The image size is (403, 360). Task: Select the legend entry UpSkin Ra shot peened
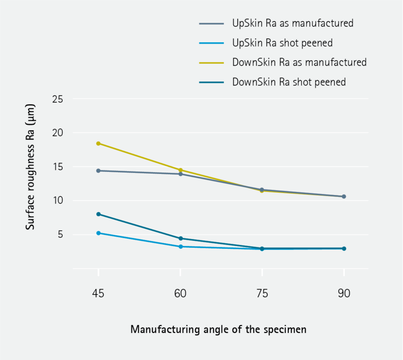[x=282, y=43]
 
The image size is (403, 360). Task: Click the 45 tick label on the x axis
[x=98, y=294]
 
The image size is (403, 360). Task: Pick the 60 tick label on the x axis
[x=180, y=294]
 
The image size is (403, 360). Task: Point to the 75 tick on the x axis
[x=262, y=294]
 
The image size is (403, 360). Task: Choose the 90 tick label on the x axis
[x=344, y=294]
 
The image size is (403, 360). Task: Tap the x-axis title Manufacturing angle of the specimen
[x=218, y=329]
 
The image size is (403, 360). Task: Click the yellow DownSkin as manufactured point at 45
[x=98, y=143]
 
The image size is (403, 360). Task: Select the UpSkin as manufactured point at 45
[x=98, y=170]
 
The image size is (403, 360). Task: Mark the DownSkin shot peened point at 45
[x=98, y=214]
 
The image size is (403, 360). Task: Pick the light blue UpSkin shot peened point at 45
[x=98, y=233]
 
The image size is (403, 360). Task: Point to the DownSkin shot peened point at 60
[x=180, y=238]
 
